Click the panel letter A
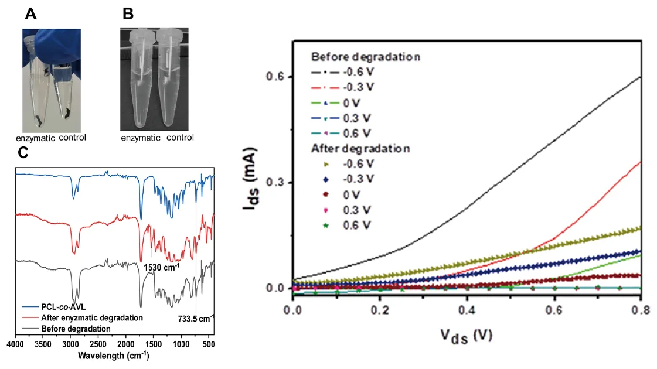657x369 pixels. pyautogui.click(x=32, y=14)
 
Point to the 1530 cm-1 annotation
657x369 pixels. pyautogui.click(x=161, y=266)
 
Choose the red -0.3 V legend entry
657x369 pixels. pyautogui.click(x=343, y=88)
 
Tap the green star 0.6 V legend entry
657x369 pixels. pyautogui.click(x=343, y=225)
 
